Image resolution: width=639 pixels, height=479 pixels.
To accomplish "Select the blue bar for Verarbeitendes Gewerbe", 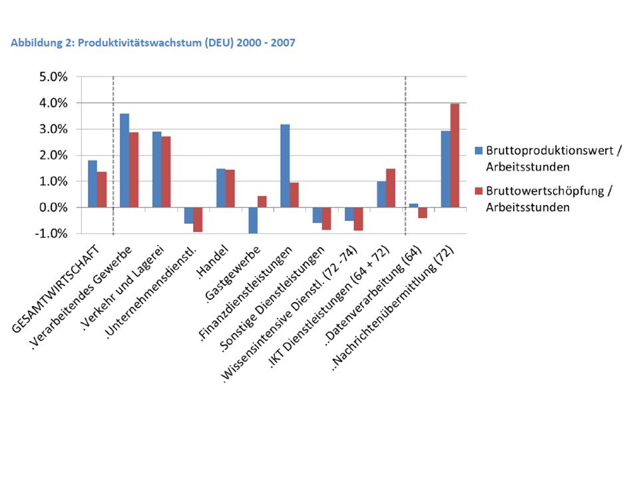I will tap(124, 160).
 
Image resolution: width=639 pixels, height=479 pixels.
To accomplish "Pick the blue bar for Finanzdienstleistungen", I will tap(285, 166).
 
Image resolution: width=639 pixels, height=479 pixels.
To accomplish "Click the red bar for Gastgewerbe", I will tap(262, 202).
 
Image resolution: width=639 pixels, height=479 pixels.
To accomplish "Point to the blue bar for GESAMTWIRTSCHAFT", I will tap(93, 184).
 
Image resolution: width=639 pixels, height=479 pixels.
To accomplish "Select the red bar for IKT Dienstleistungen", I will tap(390, 188).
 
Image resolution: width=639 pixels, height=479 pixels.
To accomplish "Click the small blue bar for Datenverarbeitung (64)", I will tap(413, 206).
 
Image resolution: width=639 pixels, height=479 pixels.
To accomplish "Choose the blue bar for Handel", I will tap(220, 188).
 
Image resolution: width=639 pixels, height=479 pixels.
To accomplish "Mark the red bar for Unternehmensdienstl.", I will tap(198, 220).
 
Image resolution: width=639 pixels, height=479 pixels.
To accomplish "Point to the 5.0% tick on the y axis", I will tap(52, 77).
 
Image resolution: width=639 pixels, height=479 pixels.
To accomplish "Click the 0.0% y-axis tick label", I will tap(52, 208).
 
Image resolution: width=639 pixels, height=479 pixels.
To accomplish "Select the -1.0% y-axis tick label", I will tap(51, 234).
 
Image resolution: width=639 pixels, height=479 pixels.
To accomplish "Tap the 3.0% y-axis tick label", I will tap(52, 129).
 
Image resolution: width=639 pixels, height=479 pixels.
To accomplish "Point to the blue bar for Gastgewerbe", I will tap(253, 220).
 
